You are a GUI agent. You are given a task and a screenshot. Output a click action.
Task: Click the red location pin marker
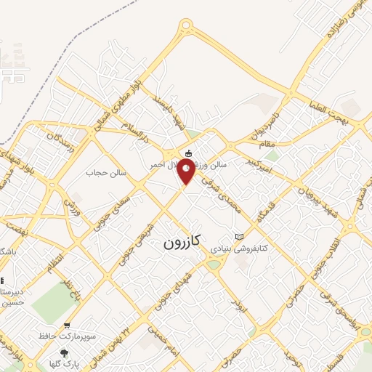[187, 172]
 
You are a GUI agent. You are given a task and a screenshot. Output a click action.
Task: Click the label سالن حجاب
[107, 173]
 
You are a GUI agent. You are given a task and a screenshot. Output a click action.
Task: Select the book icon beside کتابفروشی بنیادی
[239, 237]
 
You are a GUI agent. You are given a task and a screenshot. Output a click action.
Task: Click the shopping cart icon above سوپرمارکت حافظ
[68, 326]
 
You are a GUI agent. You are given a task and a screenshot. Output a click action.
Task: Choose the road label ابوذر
[238, 304]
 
